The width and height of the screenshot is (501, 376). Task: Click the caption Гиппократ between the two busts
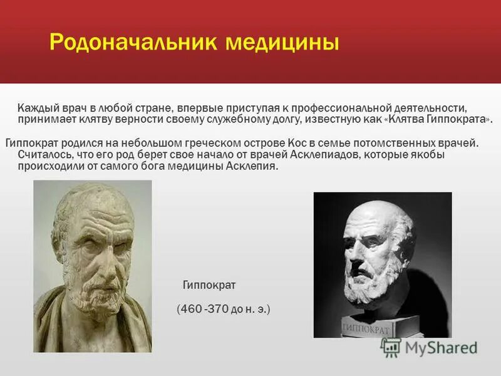pos(209,285)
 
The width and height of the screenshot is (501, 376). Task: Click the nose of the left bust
pos(88,251)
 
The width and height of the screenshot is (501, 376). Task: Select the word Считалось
pos(41,155)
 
